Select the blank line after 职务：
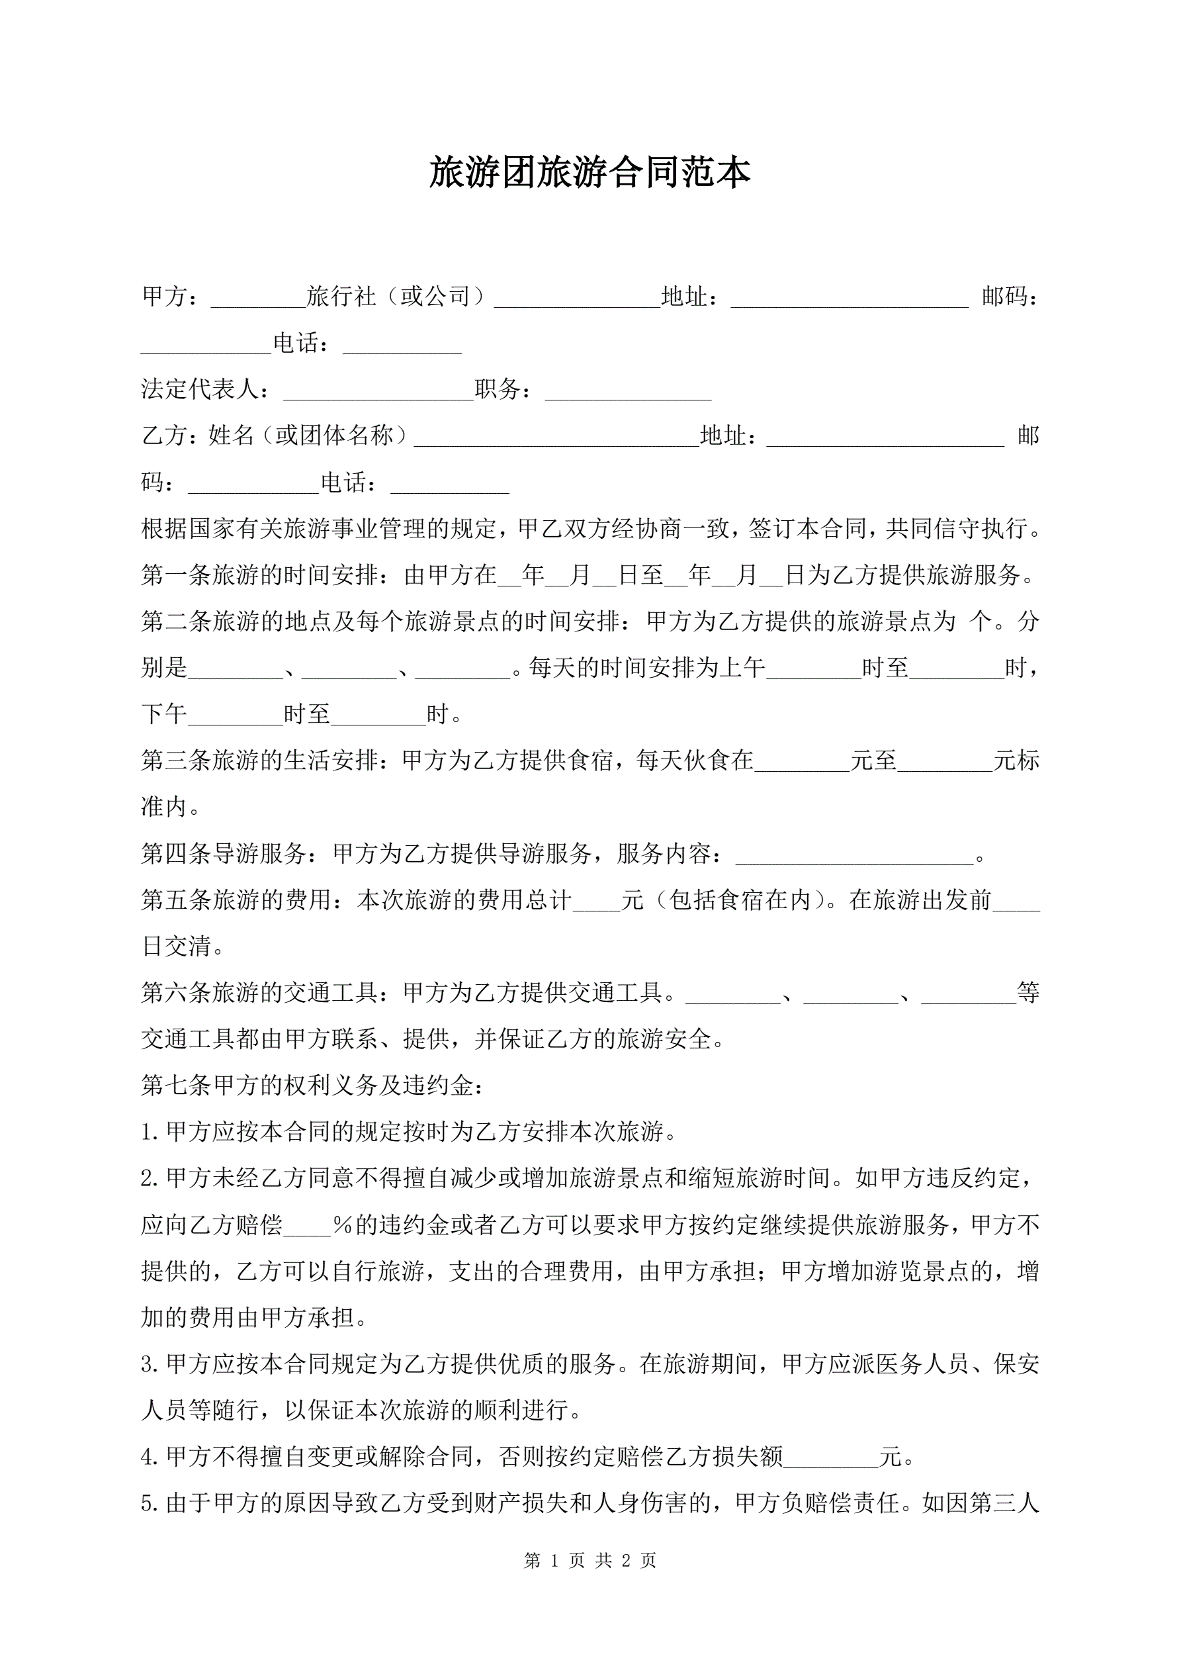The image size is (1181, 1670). point(628,391)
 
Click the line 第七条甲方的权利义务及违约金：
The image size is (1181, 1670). point(313,1086)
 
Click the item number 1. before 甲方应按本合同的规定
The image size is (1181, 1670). point(150,1133)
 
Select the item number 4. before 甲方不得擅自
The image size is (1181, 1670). point(150,1457)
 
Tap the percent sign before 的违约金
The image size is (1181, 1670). point(343,1226)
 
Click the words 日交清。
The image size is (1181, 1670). point(183,947)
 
